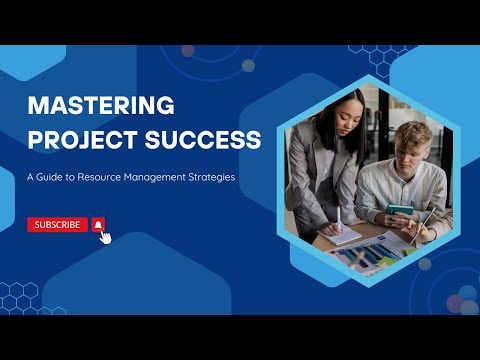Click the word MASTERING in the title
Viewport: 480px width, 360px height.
[x=101, y=105]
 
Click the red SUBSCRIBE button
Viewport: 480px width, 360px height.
[x=57, y=225]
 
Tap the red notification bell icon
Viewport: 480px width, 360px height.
[x=98, y=225]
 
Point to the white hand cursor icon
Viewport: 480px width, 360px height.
[x=105, y=237]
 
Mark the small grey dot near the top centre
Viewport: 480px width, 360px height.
[x=248, y=66]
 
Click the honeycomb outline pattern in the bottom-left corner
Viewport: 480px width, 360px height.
[x=20, y=296]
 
